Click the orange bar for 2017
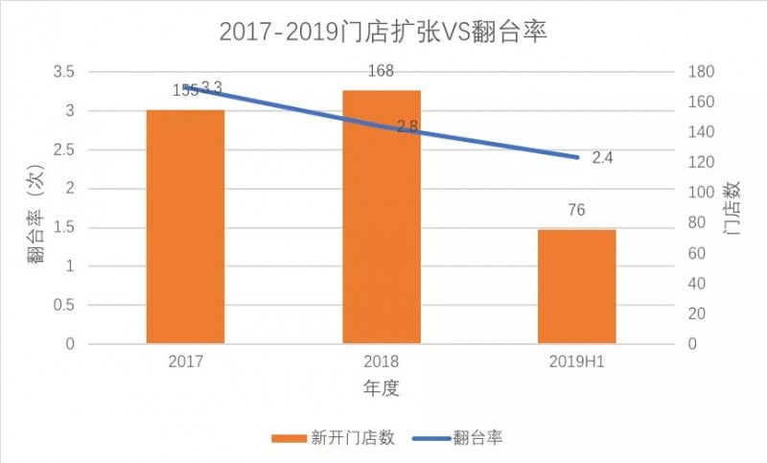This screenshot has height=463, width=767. pos(185,226)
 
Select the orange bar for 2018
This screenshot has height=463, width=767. pos(382,217)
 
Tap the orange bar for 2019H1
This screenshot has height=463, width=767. pos(576,286)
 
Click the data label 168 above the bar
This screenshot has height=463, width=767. pos(382,70)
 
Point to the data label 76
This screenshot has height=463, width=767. pos(576,211)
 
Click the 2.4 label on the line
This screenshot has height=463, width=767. pos(603,157)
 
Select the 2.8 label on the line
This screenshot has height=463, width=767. pos(407,126)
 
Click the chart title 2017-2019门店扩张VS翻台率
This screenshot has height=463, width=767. pos(383,33)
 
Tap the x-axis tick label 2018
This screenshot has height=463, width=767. pos(382,363)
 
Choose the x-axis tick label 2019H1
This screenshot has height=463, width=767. pos(576,363)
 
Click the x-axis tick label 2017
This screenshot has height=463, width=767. pos(185,363)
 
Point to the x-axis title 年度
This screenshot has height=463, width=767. pos(381,389)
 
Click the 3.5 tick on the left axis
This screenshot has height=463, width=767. pos(62,72)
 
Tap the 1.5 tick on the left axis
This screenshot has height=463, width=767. pos(62,227)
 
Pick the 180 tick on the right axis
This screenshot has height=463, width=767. pos(703,72)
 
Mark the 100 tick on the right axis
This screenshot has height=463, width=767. pos(703,193)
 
